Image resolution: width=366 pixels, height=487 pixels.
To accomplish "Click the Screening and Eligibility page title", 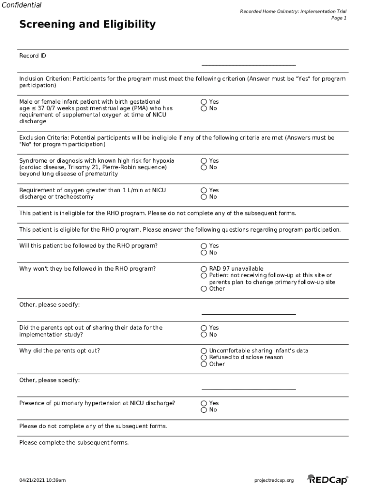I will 87,24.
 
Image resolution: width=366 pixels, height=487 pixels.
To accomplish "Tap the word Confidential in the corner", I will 21,5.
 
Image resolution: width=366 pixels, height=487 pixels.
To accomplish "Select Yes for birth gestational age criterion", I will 204,102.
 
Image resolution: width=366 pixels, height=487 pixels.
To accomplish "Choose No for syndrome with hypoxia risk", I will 204,167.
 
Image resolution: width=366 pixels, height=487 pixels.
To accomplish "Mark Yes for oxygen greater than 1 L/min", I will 204,190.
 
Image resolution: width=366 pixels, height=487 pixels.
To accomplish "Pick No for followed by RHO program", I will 204,253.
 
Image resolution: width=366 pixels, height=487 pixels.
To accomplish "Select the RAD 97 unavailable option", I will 204,269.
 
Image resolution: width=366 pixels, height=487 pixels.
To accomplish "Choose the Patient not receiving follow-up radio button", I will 204,275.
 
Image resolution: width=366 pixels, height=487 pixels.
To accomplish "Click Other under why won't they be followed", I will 204,289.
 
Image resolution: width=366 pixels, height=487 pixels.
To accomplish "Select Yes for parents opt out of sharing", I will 204,328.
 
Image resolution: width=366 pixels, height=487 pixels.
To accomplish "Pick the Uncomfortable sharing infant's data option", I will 204,351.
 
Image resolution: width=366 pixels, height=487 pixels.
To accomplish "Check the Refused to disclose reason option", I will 204,357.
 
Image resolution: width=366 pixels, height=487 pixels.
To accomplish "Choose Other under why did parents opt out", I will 204,364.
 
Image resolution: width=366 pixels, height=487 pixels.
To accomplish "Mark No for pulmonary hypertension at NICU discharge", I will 204,409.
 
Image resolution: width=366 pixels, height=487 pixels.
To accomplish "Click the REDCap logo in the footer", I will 327,479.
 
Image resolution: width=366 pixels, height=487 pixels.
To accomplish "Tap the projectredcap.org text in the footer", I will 274,480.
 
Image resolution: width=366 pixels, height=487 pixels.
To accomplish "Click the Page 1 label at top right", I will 338,18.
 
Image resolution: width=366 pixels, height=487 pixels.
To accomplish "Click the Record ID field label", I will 32,56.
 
